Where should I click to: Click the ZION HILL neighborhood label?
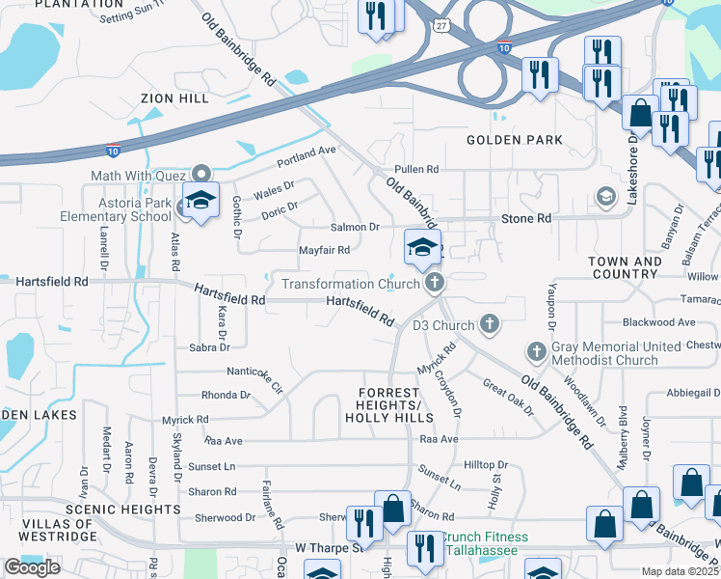pos(174,98)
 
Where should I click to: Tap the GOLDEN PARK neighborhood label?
pos(514,140)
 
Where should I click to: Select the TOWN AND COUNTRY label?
pos(625,267)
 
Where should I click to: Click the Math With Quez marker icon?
pos(201,174)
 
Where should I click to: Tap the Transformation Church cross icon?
pos(435,283)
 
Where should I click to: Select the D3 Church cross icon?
pos(490,323)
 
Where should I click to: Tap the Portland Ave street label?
pos(306,152)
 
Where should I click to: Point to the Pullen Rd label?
pos(415,169)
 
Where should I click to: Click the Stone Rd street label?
pos(525,219)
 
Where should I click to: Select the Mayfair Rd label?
pos(323,250)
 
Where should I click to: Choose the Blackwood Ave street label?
pos(658,322)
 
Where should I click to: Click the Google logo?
pos(32,567)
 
